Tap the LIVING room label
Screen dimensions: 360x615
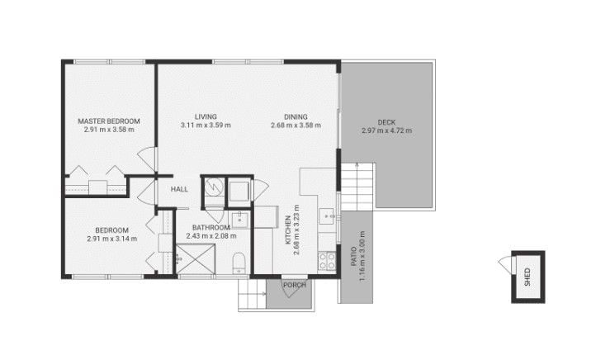point(205,116)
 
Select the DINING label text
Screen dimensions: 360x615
point(295,116)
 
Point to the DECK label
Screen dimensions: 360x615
point(386,121)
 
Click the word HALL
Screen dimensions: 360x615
point(179,189)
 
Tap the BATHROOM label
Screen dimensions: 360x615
point(211,227)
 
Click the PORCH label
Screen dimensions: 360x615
point(295,286)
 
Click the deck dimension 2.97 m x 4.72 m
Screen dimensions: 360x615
point(386,130)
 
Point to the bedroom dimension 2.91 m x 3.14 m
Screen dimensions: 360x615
point(111,239)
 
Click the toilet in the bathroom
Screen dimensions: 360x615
point(239,263)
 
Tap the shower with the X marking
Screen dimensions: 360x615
point(194,260)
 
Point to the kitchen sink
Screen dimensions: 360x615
point(328,217)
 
